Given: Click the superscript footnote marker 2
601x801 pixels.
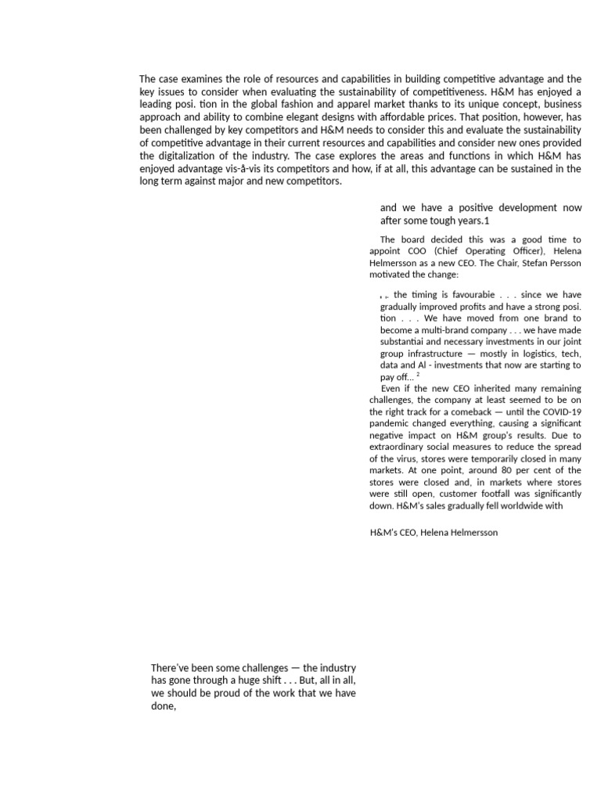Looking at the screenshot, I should click(418, 375).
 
